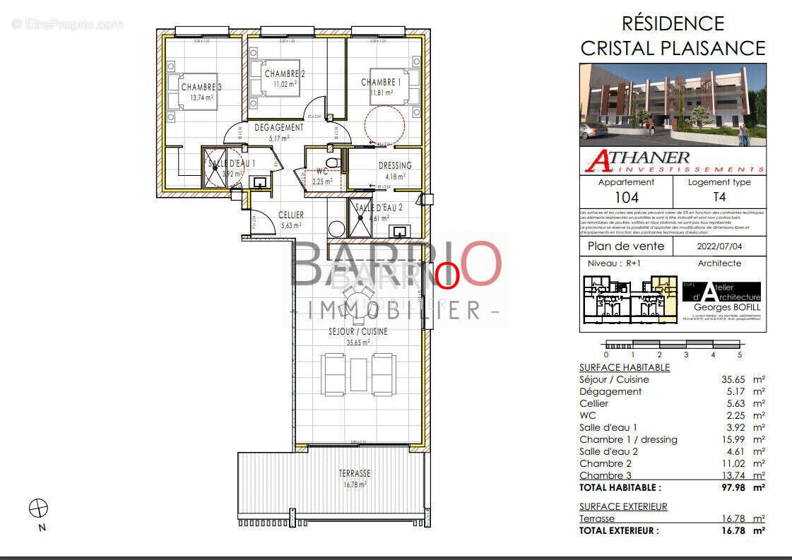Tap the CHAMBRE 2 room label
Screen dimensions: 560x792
click(285, 74)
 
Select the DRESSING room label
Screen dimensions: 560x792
click(395, 166)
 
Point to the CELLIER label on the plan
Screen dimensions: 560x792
click(291, 215)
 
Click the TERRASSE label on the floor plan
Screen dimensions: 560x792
click(355, 473)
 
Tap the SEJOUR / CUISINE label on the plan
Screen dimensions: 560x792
click(358, 331)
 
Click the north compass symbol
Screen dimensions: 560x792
click(38, 508)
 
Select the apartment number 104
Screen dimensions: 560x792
click(626, 198)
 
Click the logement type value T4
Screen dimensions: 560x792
click(719, 198)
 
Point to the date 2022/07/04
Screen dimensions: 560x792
click(719, 246)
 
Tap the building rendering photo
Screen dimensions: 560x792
click(673, 105)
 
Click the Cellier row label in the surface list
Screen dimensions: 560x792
click(594, 403)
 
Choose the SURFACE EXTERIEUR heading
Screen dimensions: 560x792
click(623, 506)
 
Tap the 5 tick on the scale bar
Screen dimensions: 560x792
click(740, 355)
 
